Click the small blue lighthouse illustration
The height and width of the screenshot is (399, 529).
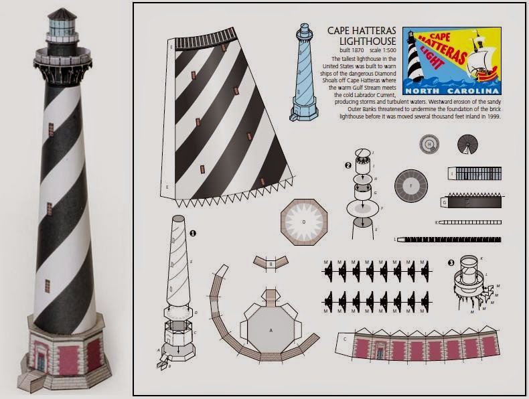(x=305, y=74)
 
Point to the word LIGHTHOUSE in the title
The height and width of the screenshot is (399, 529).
(x=354, y=42)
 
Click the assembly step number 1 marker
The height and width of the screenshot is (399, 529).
(x=193, y=233)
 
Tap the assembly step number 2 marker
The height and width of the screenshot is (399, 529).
(x=348, y=165)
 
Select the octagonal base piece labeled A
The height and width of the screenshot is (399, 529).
(x=271, y=329)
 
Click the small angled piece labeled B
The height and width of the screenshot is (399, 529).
(x=271, y=263)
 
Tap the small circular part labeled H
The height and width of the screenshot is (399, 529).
(x=429, y=143)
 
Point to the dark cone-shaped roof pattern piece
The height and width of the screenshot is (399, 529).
(x=468, y=144)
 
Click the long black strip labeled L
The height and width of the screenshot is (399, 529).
(x=449, y=239)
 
